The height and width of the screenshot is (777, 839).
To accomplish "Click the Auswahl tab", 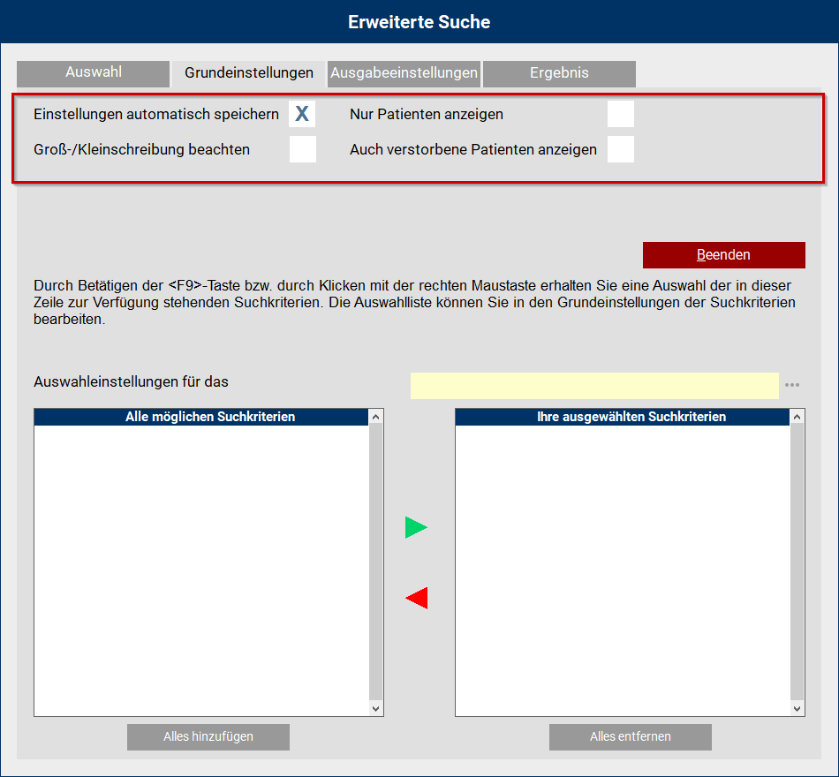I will [93, 73].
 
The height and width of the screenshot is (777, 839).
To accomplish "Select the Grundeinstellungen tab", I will [249, 73].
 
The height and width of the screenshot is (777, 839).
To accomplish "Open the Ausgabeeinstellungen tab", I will [404, 73].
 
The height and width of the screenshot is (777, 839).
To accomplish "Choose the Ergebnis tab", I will [559, 73].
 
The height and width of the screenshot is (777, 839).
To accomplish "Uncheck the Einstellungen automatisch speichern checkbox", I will [302, 114].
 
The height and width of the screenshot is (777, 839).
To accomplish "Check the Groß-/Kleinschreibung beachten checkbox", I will [302, 149].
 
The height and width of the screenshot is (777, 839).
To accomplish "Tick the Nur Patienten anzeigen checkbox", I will [621, 114].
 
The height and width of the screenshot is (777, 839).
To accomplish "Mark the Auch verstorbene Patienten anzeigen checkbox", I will [621, 149].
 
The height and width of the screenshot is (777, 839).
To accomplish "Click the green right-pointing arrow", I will [416, 528].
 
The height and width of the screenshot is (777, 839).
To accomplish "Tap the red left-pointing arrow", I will [416, 599].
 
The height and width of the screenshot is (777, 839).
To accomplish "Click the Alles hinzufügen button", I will [208, 736].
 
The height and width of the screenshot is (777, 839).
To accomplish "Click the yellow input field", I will [594, 385].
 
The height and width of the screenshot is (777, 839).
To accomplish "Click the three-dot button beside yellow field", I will [792, 385].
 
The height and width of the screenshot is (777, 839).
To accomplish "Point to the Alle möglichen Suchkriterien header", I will [210, 417].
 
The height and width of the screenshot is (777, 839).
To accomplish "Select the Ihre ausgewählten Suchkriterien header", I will [631, 417].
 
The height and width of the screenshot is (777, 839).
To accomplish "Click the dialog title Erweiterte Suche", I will [419, 22].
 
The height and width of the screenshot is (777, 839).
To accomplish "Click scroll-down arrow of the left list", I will [376, 708].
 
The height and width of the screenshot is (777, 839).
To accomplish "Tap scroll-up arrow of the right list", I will [798, 417].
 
